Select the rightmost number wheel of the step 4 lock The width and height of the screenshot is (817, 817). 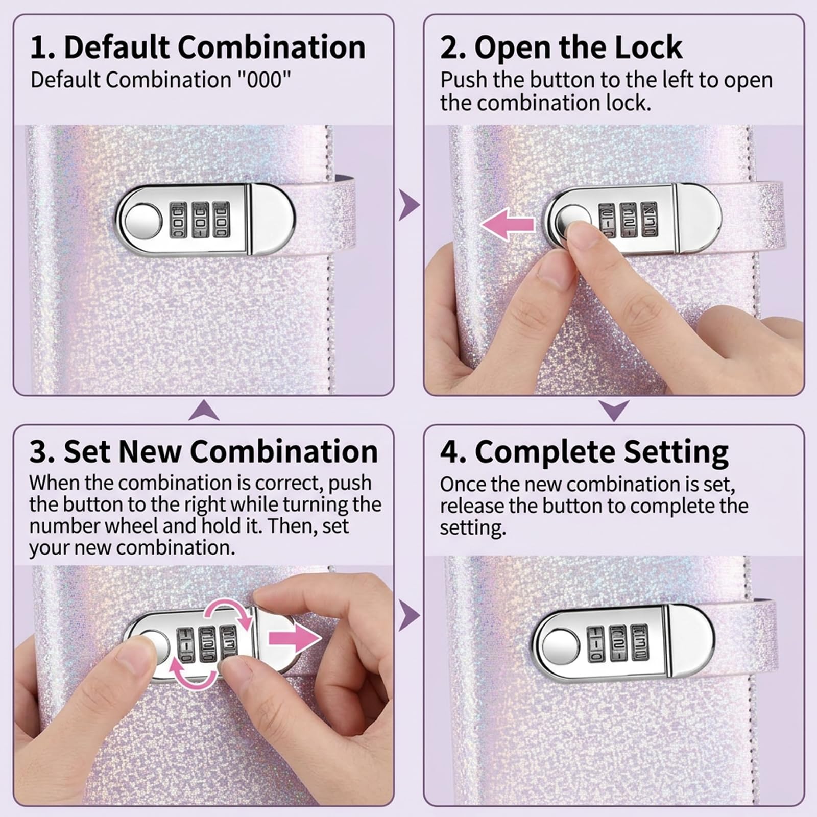639,642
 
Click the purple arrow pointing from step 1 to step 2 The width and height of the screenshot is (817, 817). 409,205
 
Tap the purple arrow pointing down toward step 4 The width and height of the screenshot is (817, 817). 614,410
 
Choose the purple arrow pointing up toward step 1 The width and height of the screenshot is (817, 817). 204,410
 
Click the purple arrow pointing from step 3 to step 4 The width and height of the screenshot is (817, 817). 409,615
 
